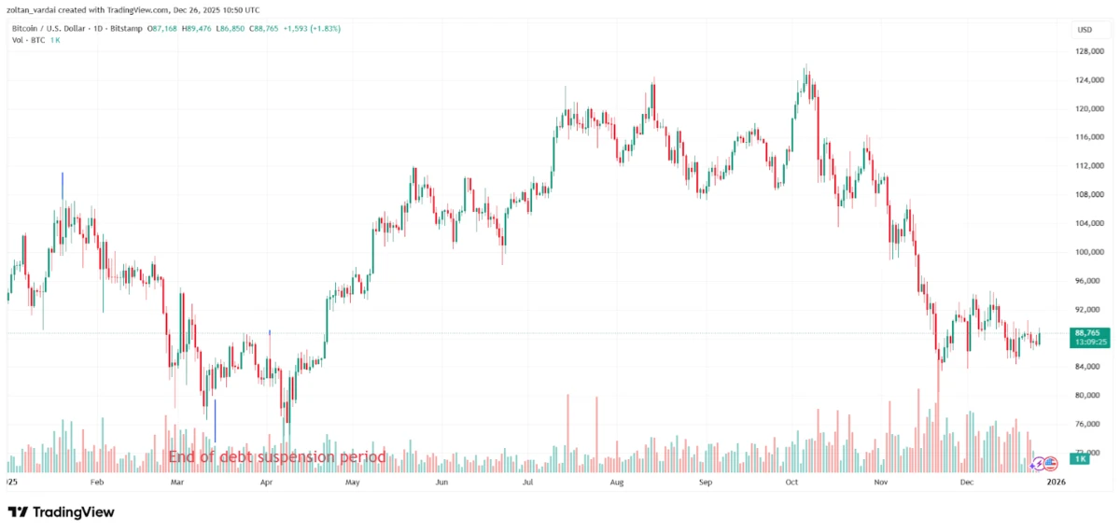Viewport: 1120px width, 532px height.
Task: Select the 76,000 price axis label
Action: tap(1088, 424)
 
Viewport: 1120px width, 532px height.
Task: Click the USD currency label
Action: tap(1085, 30)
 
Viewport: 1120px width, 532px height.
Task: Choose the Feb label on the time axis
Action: tap(97, 483)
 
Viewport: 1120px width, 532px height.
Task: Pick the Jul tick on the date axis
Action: tap(529, 483)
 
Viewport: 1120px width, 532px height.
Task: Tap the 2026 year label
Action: tap(1056, 483)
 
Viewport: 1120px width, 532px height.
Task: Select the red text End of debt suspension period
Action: tap(276, 457)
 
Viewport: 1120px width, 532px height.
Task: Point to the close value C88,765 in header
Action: tap(277, 29)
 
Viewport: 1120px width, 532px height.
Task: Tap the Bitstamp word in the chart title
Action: tap(125, 29)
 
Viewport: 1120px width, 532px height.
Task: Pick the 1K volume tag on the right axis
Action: tap(1080, 459)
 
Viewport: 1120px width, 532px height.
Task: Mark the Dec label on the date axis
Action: tap(967, 483)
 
